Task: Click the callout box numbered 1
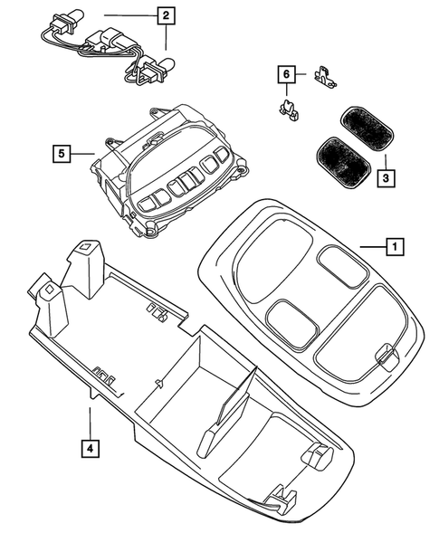tap(393, 244)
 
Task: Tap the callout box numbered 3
tap(385, 179)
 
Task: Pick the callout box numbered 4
tap(89, 447)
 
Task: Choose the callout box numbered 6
tap(286, 73)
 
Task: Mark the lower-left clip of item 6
tap(287, 111)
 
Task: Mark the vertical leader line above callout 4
tap(89, 420)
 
